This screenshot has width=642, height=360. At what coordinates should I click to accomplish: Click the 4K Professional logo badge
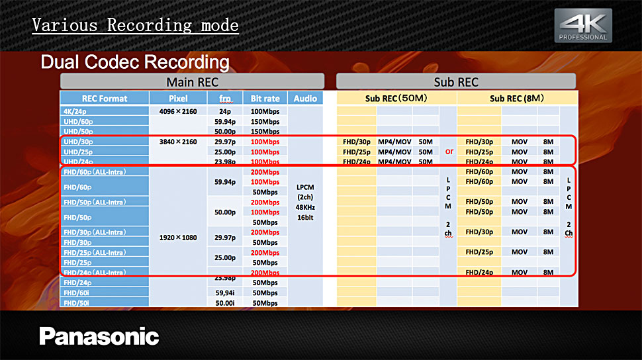pyautogui.click(x=583, y=25)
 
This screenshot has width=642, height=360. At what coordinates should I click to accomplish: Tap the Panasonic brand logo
pyautogui.click(x=99, y=336)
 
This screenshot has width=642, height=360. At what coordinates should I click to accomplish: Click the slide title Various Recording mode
pyautogui.click(x=135, y=25)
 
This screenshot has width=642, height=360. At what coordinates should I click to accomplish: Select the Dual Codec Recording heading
pyautogui.click(x=135, y=62)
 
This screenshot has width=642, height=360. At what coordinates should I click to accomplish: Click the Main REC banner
pyautogui.click(x=192, y=81)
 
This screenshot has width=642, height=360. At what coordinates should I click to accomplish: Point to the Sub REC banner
pyautogui.click(x=456, y=81)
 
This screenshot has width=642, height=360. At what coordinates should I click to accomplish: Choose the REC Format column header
pyautogui.click(x=105, y=99)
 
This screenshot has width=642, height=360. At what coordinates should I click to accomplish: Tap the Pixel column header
pyautogui.click(x=178, y=99)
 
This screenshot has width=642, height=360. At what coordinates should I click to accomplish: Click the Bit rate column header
pyautogui.click(x=265, y=99)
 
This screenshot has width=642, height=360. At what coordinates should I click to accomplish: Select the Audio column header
pyautogui.click(x=305, y=99)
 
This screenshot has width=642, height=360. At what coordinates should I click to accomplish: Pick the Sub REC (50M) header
pyautogui.click(x=396, y=99)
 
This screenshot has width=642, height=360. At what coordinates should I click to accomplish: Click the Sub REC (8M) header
pyautogui.click(x=517, y=99)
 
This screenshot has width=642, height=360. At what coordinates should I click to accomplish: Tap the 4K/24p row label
pyautogui.click(x=75, y=111)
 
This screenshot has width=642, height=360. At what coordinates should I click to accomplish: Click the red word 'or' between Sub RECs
pyautogui.click(x=449, y=152)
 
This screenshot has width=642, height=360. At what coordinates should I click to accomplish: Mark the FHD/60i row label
pyautogui.click(x=76, y=293)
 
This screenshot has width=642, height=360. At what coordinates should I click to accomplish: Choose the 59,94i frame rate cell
pyautogui.click(x=225, y=293)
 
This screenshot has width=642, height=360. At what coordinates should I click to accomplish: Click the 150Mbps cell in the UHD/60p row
pyautogui.click(x=265, y=122)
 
